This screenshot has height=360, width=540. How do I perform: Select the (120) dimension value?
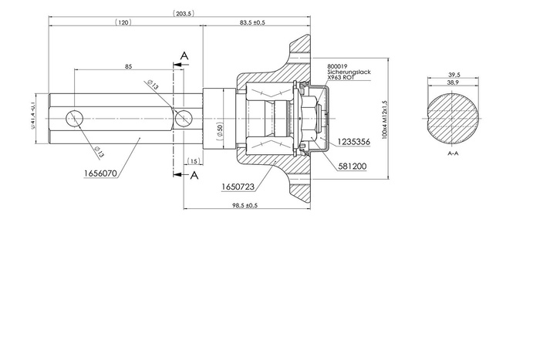[x=123, y=22]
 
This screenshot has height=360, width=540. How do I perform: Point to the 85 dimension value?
[x=127, y=66]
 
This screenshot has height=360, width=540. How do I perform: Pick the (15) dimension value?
[x=193, y=161]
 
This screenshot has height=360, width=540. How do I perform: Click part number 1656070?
[x=100, y=174]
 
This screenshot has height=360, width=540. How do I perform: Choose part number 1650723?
[x=237, y=187]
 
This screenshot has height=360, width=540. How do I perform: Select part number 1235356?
[x=355, y=143]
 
